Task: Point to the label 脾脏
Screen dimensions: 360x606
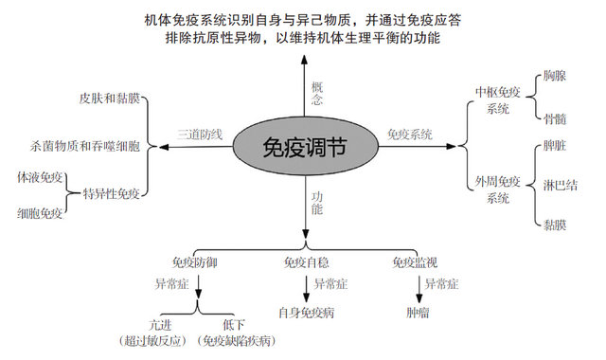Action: (x=555, y=148)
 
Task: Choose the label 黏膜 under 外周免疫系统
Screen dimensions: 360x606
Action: (x=555, y=224)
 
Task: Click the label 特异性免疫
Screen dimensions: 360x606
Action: (x=112, y=194)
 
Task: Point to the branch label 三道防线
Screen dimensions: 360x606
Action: (x=200, y=135)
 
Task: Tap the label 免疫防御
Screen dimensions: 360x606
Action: (x=196, y=261)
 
